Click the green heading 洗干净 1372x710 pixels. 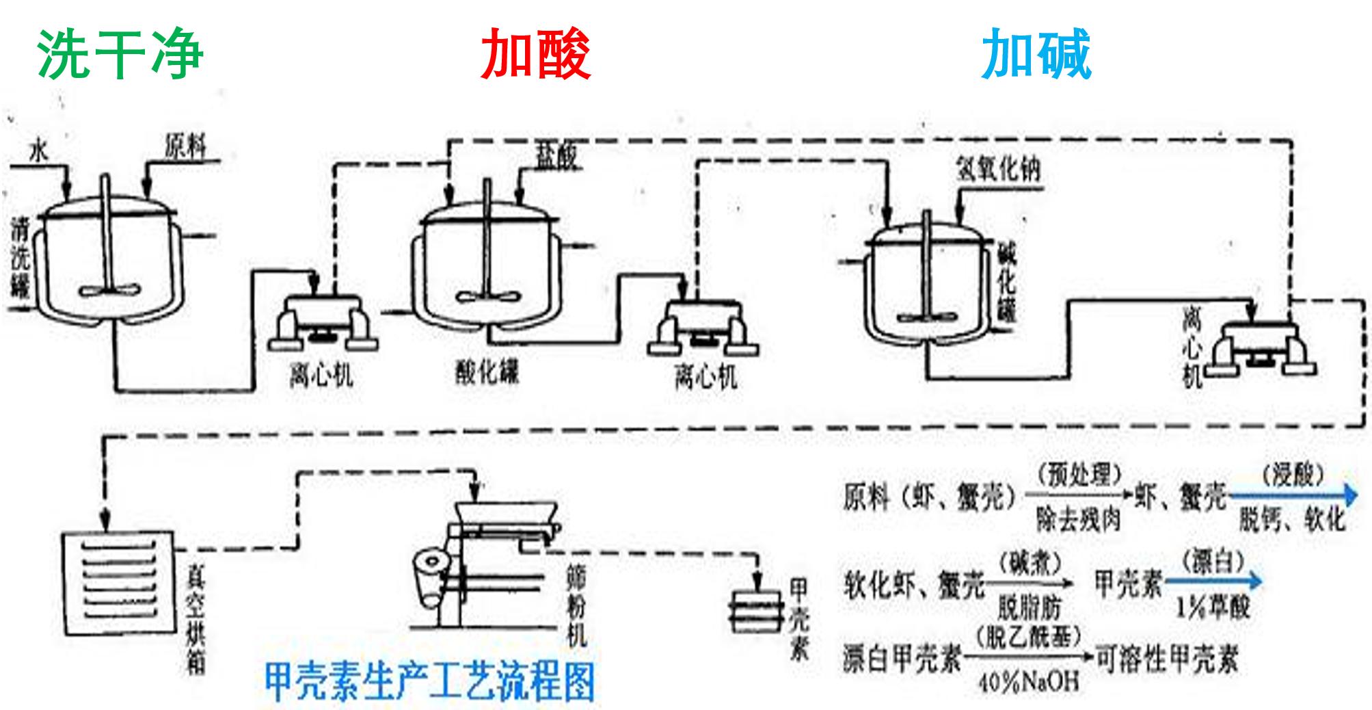coord(120,55)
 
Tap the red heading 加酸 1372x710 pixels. coord(535,55)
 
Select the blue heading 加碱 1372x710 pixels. coord(1036,55)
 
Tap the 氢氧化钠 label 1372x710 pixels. coord(998,168)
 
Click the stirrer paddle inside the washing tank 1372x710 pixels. coord(110,290)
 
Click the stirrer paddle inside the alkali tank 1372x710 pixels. coord(926,318)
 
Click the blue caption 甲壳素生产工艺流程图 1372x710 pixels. coord(429,681)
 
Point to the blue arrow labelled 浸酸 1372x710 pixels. coord(1292,495)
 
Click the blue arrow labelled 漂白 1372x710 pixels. coord(1213,582)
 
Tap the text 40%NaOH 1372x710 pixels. coord(1029,681)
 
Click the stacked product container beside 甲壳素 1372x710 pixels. coord(756,609)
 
